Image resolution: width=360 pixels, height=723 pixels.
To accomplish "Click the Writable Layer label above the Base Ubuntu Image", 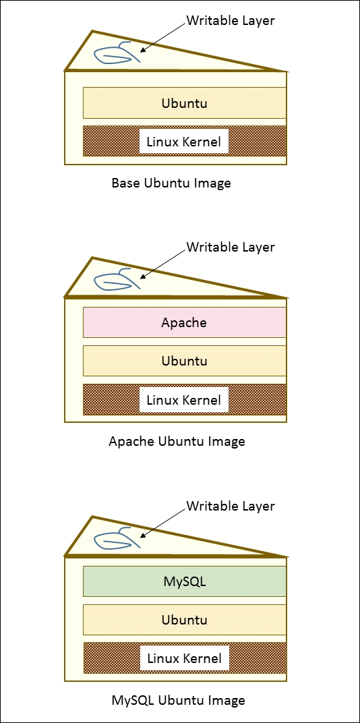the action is coord(230,20).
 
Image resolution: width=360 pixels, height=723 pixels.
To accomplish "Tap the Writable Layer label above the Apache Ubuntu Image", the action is coord(230,247).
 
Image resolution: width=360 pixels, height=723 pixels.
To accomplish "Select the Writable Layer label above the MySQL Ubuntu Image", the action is coord(230,506).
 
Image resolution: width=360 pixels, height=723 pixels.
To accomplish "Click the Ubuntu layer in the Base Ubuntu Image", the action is coord(184,103).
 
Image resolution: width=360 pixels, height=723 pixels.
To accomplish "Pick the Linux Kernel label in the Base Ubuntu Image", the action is coord(184,142).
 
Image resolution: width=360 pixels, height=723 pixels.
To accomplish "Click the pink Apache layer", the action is coord(184,322).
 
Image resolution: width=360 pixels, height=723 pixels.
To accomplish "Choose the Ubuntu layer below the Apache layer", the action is coord(184,361).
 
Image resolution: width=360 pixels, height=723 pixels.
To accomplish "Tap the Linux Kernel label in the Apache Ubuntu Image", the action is coord(184,400).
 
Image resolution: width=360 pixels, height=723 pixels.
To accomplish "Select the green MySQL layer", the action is coord(184,581).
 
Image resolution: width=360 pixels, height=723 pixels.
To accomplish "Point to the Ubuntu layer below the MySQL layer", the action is coord(184,620).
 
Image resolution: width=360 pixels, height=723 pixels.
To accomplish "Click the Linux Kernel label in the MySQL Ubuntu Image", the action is coord(184,658).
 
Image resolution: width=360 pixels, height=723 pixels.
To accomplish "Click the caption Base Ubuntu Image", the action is coord(171,183).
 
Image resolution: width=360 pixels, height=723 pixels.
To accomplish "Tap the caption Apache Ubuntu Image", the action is coord(177,442).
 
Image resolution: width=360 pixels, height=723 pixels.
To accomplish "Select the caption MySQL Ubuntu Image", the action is coord(178,700).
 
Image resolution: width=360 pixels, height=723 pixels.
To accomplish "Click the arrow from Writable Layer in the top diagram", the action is coord(163,36).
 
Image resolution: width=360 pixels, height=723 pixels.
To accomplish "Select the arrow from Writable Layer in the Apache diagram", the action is coord(163,263).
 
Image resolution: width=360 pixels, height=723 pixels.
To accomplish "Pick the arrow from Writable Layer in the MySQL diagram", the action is coord(163,521).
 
